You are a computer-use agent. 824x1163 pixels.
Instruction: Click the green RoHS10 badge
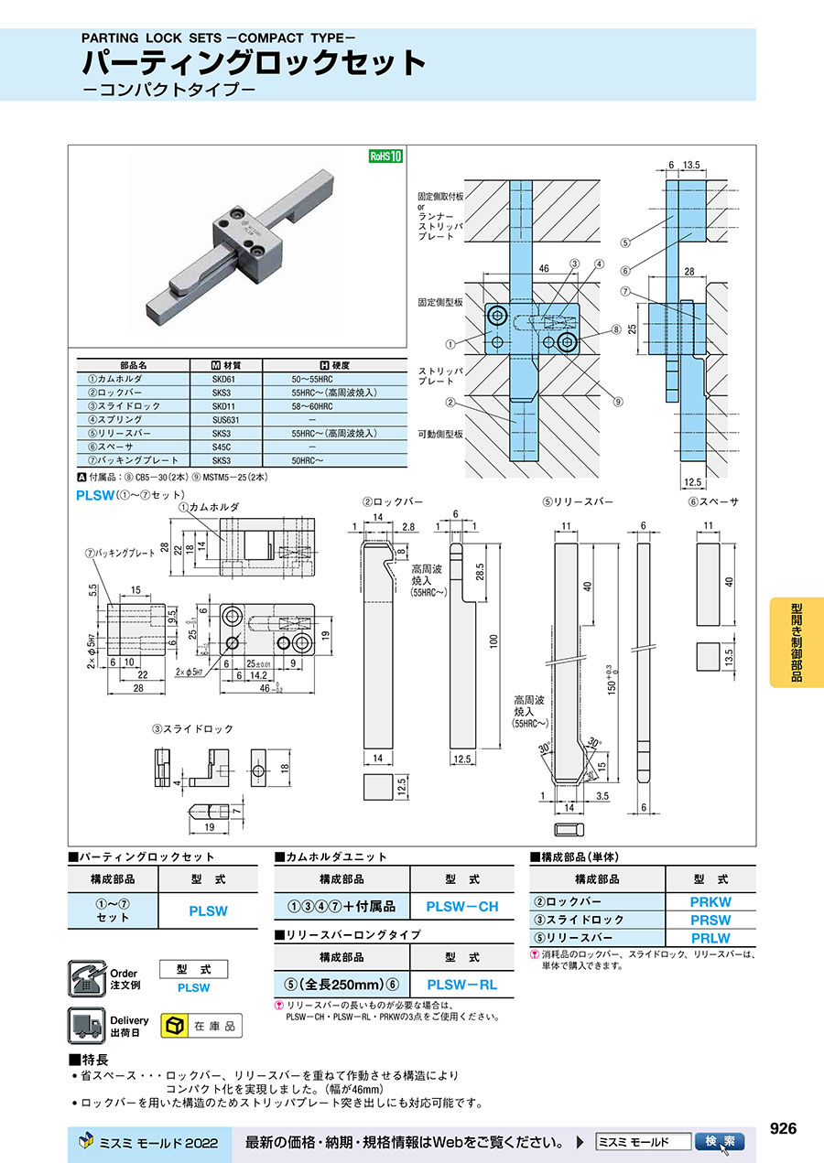tap(385, 156)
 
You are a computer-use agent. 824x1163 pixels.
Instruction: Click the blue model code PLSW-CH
tap(462, 907)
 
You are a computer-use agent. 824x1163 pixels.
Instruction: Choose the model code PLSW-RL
tap(462, 985)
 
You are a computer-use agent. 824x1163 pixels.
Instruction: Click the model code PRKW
tap(710, 901)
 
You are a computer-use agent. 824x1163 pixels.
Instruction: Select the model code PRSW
tap(710, 920)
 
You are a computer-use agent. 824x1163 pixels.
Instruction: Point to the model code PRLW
tap(710, 938)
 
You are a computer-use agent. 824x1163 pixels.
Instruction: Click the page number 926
tap(783, 1129)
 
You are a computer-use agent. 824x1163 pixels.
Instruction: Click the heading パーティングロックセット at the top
tap(255, 64)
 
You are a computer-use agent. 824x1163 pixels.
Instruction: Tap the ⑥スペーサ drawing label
tap(713, 502)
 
